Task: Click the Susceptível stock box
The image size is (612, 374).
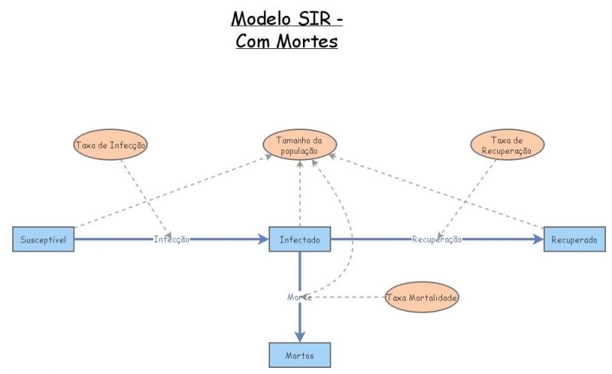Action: (44, 239)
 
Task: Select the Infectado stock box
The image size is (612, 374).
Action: (300, 239)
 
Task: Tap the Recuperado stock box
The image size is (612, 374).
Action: (575, 239)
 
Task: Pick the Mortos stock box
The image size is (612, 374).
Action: (300, 355)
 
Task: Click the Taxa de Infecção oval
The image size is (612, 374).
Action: (111, 144)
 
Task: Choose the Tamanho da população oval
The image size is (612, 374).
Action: (300, 145)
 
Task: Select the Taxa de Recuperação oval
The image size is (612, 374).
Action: (506, 145)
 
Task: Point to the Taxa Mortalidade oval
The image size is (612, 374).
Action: (422, 297)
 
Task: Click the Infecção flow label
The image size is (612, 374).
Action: (171, 239)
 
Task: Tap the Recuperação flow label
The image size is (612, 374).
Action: (437, 239)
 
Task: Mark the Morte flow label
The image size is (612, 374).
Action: (298, 297)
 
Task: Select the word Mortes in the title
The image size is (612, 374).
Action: (308, 41)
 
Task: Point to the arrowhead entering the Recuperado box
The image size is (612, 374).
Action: (539, 239)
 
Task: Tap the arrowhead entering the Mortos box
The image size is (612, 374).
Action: (300, 337)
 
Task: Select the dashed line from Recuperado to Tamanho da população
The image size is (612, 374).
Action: (436, 191)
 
